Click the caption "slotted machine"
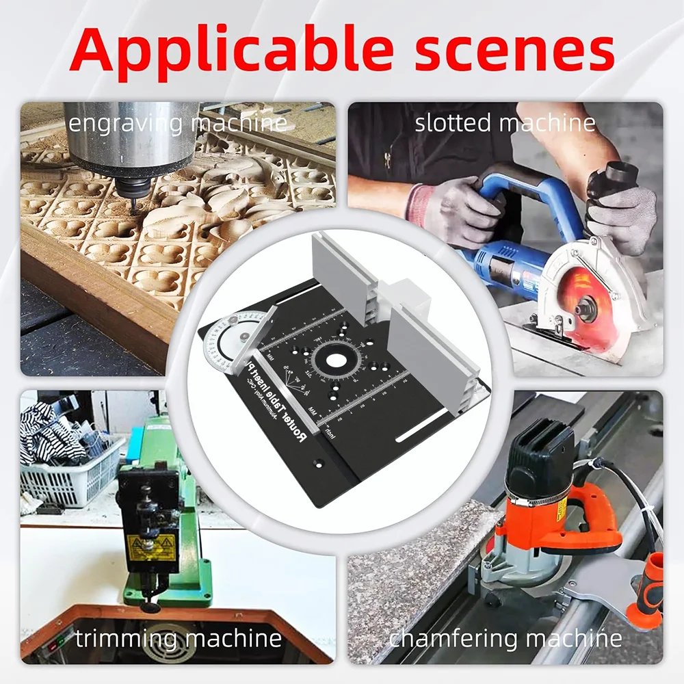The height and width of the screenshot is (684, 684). pyautogui.click(x=505, y=123)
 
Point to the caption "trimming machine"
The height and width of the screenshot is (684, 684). pyautogui.click(x=178, y=638)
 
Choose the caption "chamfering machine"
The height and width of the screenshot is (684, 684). pyautogui.click(x=505, y=638)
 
